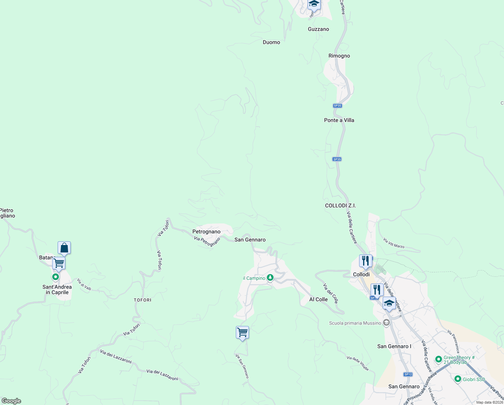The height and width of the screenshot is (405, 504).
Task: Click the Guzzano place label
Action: coord(318,29)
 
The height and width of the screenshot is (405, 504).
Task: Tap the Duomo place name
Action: coord(271,42)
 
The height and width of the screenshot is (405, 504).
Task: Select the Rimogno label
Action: coord(339,56)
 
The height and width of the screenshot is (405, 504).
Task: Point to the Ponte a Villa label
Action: coord(339,120)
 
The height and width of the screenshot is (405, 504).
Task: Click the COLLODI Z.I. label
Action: coord(340,206)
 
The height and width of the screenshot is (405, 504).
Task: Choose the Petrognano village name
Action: coord(206,232)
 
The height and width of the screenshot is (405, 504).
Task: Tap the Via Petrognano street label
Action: coord(207,242)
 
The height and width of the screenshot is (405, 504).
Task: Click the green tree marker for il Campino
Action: coord(270,277)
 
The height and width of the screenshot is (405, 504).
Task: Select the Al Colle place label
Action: coord(318,299)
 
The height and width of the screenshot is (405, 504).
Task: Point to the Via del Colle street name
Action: coord(330,294)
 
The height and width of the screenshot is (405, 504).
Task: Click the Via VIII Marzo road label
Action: coord(393,243)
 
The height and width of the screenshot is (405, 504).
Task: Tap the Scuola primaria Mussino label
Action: coord(355,323)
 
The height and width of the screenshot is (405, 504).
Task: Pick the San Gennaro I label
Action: coord(394,346)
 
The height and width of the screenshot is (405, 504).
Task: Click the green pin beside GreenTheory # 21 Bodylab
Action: coord(438,359)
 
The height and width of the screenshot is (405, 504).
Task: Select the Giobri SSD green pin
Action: coord(458,379)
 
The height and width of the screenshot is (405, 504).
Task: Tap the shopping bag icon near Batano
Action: coord(64,248)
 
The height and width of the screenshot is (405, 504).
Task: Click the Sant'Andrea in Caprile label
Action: coord(57,290)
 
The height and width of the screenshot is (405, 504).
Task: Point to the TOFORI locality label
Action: coord(143,300)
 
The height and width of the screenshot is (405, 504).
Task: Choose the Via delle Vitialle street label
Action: coord(357,363)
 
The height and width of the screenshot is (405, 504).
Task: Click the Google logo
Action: coord(11,401)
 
